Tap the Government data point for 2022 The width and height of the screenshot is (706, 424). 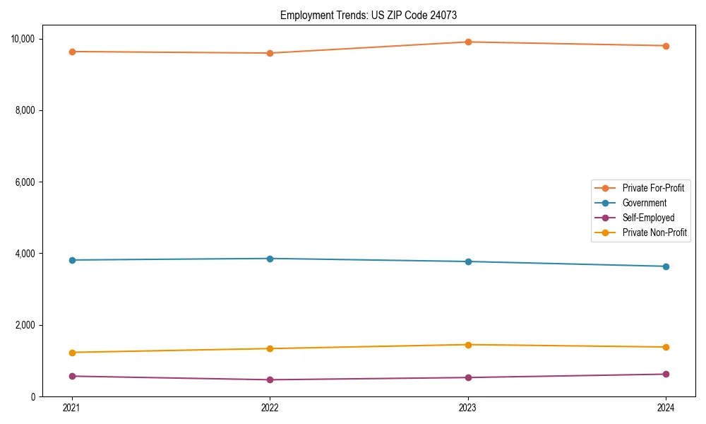point(270,259)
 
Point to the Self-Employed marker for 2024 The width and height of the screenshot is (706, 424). point(666,374)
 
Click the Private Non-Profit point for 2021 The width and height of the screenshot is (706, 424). point(72,353)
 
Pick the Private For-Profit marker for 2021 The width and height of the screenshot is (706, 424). point(72,52)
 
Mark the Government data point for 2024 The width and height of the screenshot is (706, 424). point(666,266)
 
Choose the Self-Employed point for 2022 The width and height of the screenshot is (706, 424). point(270,379)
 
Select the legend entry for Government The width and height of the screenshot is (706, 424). point(644,203)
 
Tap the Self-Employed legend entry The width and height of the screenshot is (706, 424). point(648,218)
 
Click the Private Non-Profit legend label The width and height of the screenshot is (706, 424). point(654,232)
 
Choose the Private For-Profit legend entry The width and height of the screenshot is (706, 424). point(652,188)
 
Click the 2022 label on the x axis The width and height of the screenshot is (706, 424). point(270,407)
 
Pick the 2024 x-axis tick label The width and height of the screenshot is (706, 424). point(666,407)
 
